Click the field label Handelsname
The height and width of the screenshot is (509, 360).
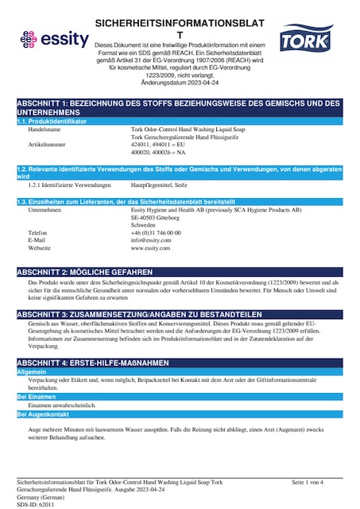pyautogui.click(x=45, y=128)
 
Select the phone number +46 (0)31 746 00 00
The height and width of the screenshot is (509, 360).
pyautogui.click(x=156, y=232)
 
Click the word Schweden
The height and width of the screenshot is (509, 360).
pyautogui.click(x=144, y=224)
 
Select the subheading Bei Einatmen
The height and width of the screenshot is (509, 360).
pyautogui.click(x=37, y=396)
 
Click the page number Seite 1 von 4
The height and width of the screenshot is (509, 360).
pyautogui.click(x=308, y=483)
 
